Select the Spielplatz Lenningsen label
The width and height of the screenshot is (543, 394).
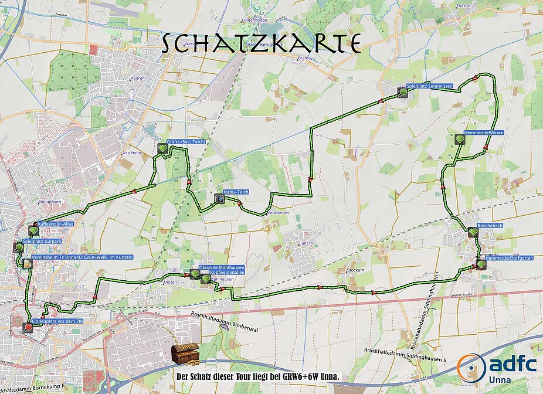coord(430,86)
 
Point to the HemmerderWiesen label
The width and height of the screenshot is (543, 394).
coord(483,133)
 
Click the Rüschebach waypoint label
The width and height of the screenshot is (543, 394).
coord(491,225)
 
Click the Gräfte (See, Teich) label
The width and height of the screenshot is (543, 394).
coord(186,142)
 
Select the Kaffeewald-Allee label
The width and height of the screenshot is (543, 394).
coord(57,224)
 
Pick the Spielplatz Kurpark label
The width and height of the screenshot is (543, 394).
coord(42,241)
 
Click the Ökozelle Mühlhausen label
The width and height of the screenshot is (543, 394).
coord(222,267)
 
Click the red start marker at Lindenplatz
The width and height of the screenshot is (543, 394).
coord(28,327)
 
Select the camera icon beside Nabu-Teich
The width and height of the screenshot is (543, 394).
coord(219,198)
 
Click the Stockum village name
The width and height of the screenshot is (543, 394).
coord(355,270)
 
